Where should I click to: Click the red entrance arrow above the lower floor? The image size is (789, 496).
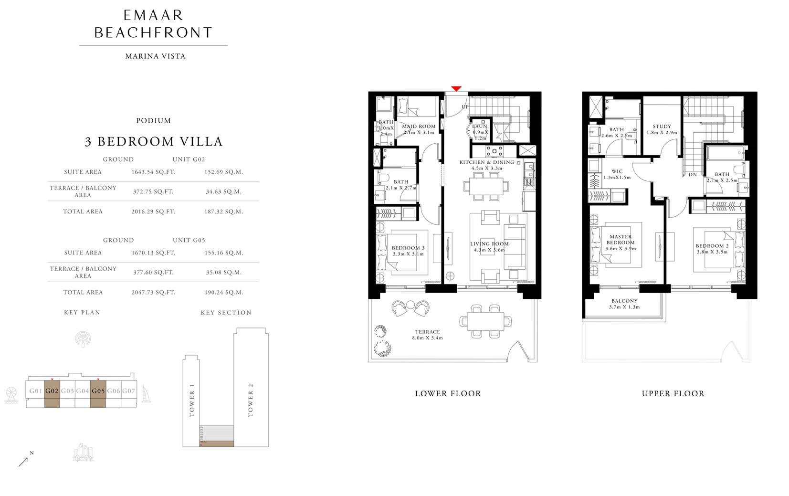tap(456, 89)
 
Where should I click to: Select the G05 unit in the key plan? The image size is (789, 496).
tap(98, 391)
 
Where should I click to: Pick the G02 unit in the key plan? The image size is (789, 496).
tap(52, 391)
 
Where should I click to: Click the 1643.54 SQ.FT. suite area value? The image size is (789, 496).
tap(153, 172)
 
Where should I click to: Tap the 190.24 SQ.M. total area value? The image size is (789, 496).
tap(224, 292)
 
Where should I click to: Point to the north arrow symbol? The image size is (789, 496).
tap(23, 461)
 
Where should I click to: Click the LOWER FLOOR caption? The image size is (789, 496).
tap(448, 393)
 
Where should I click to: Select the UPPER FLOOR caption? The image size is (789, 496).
tap(673, 393)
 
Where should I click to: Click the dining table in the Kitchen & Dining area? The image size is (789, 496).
tap(485, 186)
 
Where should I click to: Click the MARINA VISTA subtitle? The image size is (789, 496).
tap(155, 56)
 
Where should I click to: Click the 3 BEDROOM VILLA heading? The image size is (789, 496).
tap(154, 141)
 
